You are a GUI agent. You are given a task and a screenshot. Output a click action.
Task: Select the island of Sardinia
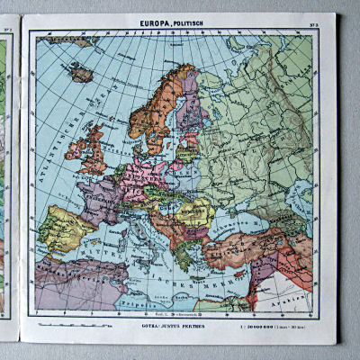122,245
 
